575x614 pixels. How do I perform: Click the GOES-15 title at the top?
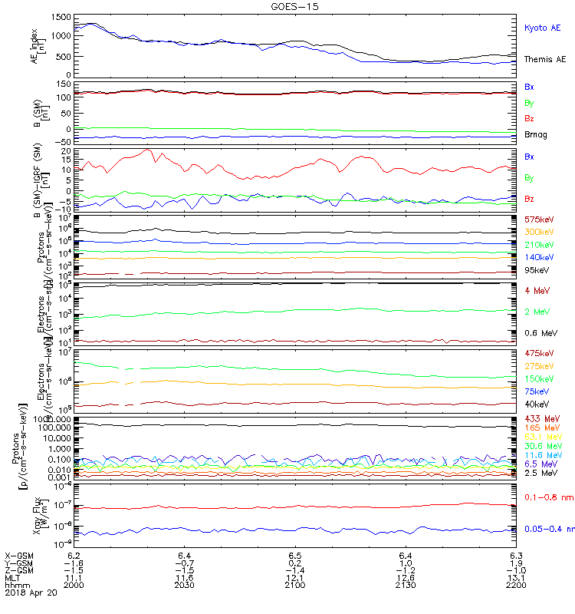click(x=295, y=6)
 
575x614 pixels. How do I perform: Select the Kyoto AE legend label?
click(x=543, y=28)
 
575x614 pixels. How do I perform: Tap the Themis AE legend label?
click(x=545, y=59)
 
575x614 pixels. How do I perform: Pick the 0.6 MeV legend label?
click(x=540, y=333)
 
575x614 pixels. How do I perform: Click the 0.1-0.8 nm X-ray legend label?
click(x=546, y=498)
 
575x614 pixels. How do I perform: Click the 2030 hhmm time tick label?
click(x=184, y=586)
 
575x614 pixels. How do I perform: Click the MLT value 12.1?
click(x=295, y=578)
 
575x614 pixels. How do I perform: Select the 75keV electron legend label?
click(x=536, y=391)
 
